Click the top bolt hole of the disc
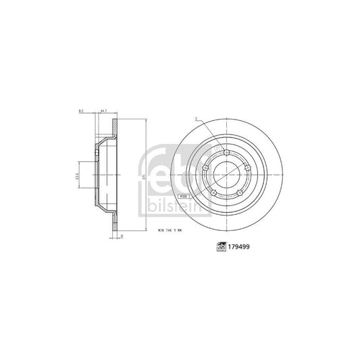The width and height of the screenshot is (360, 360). click(225, 155)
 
